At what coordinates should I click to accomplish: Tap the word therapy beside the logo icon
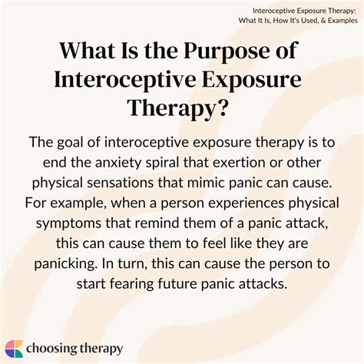(x=101, y=349)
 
